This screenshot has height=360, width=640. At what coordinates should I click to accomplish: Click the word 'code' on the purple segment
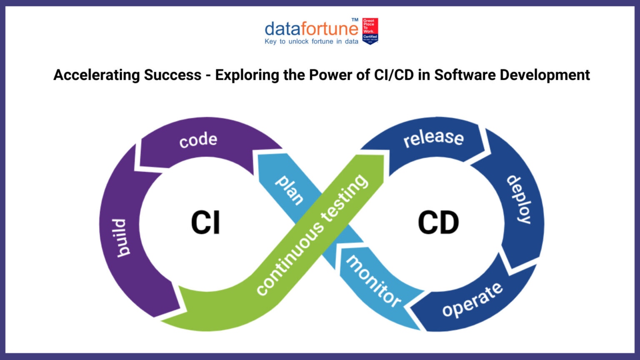[x=198, y=140]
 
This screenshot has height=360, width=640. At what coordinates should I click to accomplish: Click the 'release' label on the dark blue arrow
[x=433, y=138]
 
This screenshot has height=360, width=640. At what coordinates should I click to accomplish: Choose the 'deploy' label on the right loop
[x=519, y=199]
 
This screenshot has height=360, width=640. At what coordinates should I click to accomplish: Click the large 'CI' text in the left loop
[x=205, y=222]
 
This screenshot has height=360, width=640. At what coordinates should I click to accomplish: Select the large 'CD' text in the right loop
[x=438, y=222]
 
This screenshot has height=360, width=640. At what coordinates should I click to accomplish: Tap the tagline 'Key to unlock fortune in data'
[x=311, y=42]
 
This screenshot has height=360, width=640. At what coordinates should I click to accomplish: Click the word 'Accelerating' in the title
[x=96, y=75]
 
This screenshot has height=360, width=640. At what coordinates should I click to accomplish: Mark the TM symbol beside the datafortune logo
[x=355, y=20]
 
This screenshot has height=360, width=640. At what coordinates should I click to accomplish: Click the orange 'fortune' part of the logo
[x=329, y=29]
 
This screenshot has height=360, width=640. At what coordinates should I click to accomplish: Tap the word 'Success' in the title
[x=172, y=75]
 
